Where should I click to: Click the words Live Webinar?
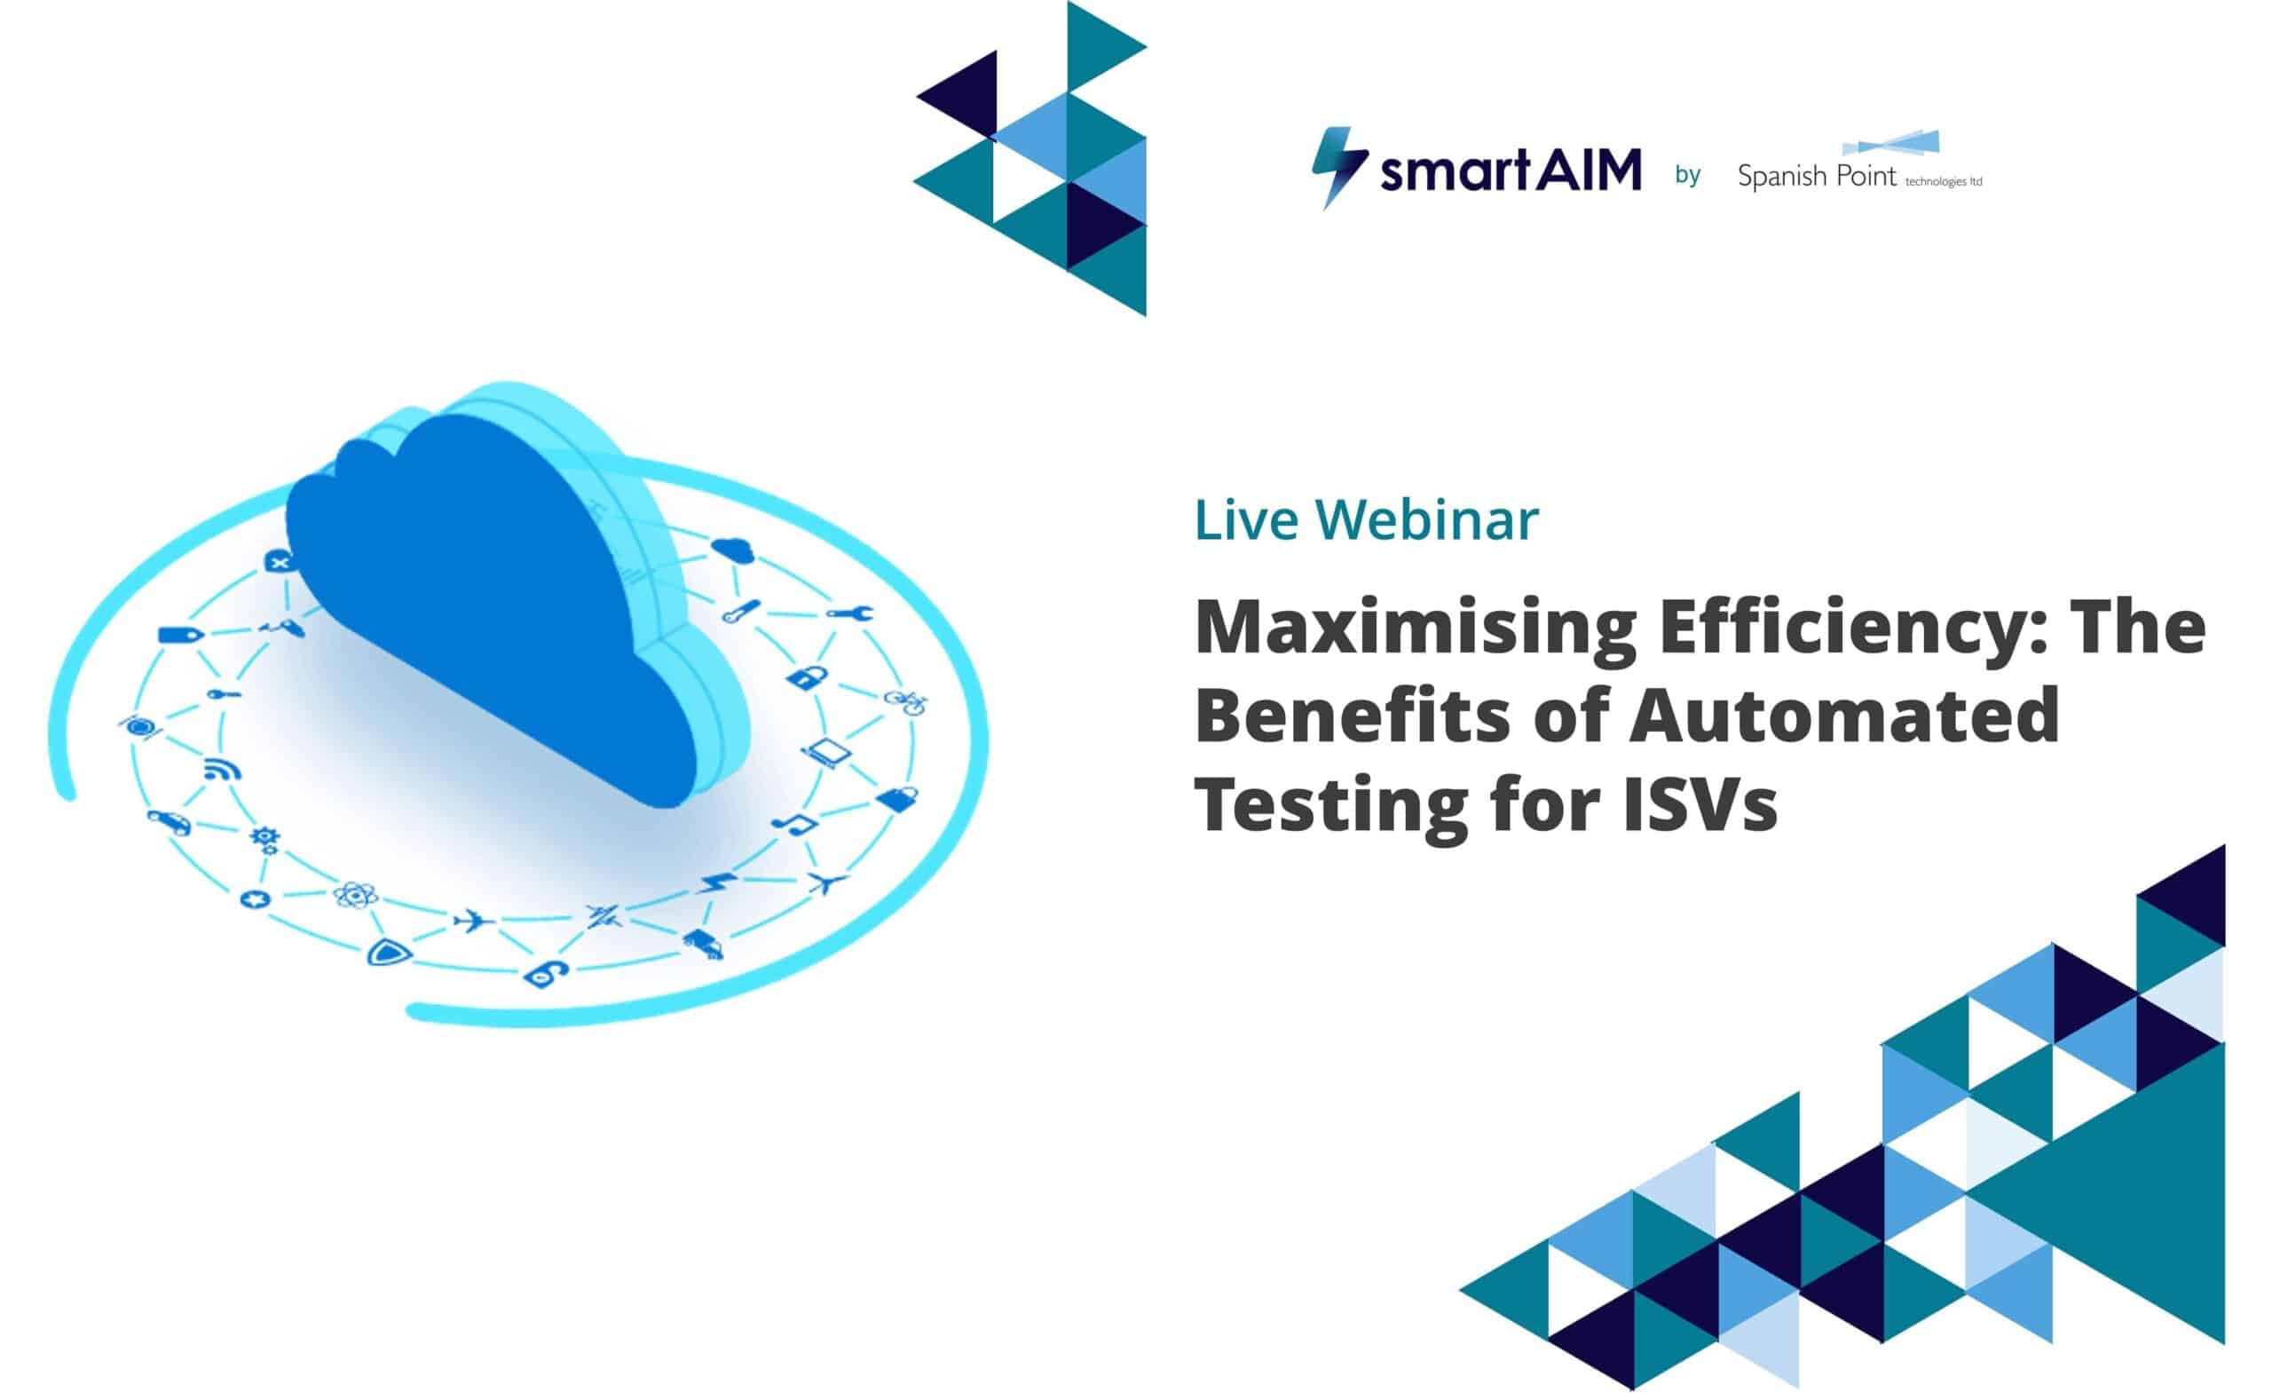[x=1366, y=519]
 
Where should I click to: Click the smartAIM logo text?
[x=1511, y=171]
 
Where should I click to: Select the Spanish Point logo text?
[x=1817, y=175]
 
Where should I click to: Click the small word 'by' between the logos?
[x=1687, y=174]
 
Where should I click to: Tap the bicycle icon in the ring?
[x=905, y=701]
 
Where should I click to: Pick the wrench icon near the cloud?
[x=848, y=613]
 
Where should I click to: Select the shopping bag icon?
[x=897, y=798]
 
